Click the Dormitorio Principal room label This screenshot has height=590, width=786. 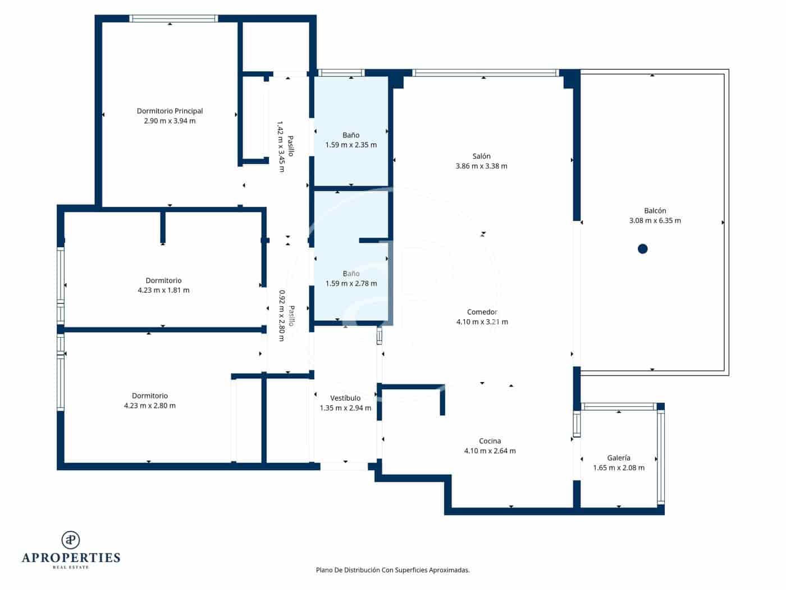170,111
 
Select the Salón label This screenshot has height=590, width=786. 481,156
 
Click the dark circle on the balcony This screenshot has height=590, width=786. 643,249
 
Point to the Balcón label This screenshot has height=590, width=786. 655,211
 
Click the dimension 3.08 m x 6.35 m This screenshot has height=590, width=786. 655,221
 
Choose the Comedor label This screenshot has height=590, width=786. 482,312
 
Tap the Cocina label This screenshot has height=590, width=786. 490,441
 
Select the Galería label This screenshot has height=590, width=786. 619,458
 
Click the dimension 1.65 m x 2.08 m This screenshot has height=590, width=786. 619,468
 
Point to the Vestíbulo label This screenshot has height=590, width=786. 345,398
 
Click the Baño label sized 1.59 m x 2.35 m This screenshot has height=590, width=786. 351,135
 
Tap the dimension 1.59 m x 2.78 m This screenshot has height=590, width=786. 351,284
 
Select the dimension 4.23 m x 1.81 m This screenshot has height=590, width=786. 163,291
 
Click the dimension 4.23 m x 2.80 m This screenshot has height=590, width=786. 149,406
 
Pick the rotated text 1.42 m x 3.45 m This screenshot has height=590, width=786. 281,147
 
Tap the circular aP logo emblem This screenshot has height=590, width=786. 71,540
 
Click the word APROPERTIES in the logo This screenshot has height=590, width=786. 71,557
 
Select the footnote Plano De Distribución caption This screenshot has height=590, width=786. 392,570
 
